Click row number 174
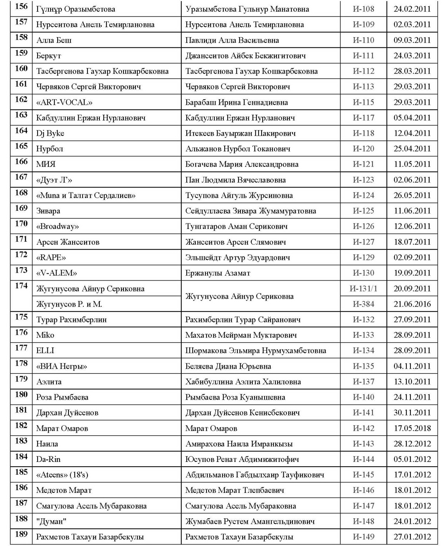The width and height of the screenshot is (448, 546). point(21,286)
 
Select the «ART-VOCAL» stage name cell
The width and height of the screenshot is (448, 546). point(64,102)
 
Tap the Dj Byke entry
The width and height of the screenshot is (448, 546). point(50,133)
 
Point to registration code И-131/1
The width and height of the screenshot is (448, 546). point(363,289)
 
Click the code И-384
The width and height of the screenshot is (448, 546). point(363,304)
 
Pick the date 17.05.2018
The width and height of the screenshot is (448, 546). point(412,428)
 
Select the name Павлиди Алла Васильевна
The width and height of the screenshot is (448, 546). point(232,40)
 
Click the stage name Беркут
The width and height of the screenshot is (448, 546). point(49,56)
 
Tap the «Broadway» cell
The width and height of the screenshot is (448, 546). point(58,226)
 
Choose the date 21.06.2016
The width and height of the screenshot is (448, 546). point(412,304)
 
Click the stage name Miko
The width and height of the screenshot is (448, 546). point(45,335)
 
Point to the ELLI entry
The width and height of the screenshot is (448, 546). point(45,351)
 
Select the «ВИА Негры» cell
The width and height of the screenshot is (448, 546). point(62,366)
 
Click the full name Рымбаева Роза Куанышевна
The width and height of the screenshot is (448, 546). point(235,397)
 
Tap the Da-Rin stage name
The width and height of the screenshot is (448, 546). point(48,459)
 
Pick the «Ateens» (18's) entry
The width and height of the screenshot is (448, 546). point(62,475)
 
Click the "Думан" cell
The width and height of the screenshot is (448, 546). point(51,521)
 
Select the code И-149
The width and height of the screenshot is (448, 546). point(363,537)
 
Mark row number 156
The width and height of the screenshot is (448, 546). point(21,7)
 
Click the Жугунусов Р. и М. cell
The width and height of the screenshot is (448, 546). point(69,304)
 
